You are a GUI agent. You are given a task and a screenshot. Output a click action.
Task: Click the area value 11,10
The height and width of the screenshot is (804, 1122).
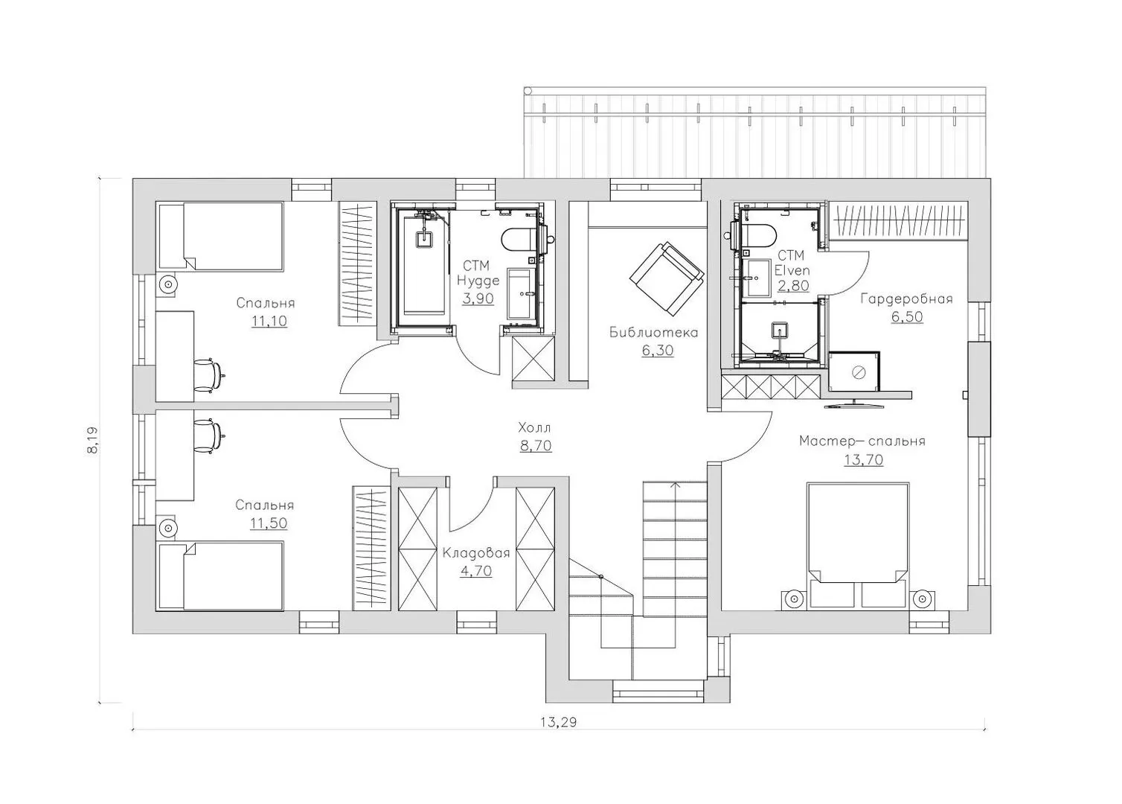click(x=269, y=321)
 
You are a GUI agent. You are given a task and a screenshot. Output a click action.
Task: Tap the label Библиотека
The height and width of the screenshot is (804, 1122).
click(x=654, y=332)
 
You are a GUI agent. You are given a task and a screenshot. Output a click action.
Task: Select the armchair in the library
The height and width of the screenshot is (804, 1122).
click(x=667, y=278)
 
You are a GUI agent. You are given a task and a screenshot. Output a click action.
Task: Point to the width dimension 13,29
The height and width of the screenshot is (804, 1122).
click(x=559, y=722)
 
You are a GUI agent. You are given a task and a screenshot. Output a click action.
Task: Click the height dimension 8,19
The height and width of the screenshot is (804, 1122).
click(x=93, y=440)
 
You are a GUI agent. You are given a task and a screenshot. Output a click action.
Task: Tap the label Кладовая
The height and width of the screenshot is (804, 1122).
click(x=476, y=553)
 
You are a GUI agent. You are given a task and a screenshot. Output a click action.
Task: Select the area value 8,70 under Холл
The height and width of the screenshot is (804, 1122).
click(x=536, y=446)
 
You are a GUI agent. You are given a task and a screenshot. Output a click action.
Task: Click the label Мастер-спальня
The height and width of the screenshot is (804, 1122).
click(x=862, y=441)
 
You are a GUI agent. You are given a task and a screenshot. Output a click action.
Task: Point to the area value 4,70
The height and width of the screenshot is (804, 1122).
click(x=476, y=571)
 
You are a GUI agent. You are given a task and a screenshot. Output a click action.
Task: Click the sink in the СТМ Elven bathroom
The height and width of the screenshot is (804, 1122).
click(x=757, y=278)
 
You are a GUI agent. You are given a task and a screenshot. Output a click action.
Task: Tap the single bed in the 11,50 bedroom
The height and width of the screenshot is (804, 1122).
click(x=220, y=576)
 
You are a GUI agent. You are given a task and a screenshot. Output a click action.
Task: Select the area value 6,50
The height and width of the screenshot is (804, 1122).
click(x=907, y=317)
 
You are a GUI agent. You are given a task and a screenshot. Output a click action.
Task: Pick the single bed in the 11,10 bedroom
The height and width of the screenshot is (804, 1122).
click(x=220, y=237)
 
